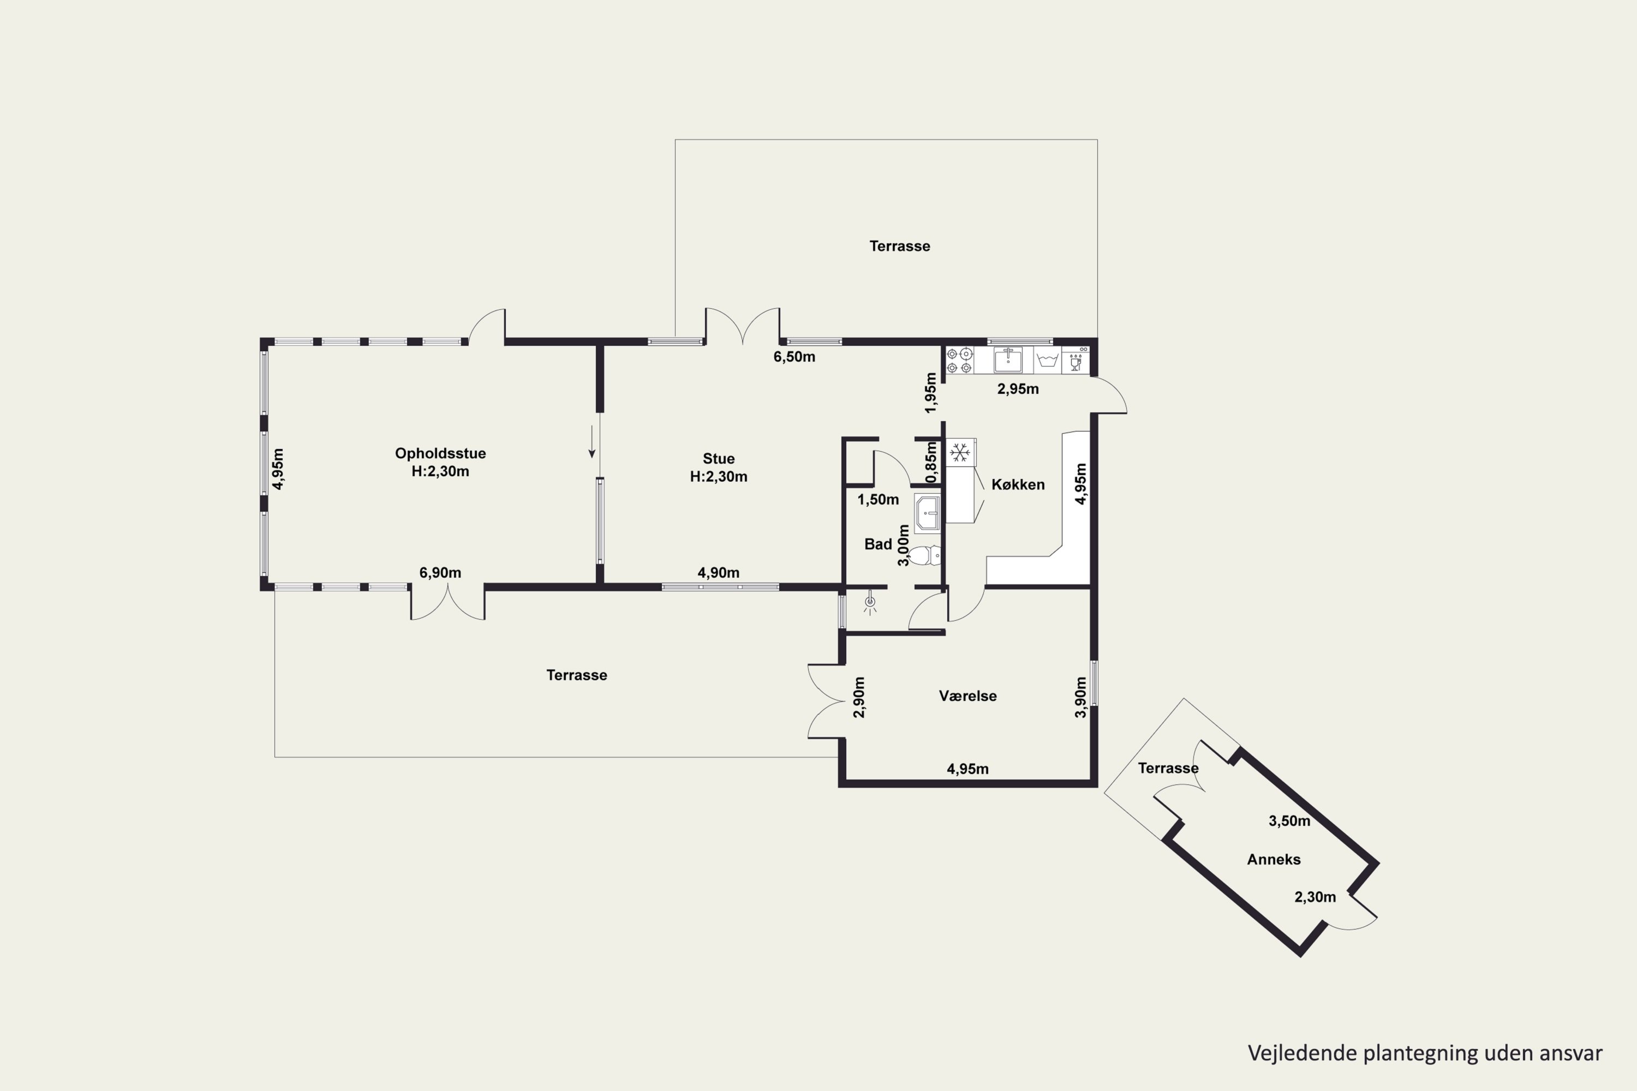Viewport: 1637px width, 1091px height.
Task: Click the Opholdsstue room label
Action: (440, 453)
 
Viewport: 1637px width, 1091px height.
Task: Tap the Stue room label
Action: (718, 459)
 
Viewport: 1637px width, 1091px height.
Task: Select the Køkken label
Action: (1018, 484)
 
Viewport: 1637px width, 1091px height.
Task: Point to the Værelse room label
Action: (967, 696)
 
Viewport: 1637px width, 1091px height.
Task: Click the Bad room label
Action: (877, 544)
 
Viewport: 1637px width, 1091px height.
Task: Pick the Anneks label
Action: (1274, 859)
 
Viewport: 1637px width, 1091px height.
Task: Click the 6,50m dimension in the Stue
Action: (794, 357)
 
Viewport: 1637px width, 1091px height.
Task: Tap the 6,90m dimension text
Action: (440, 573)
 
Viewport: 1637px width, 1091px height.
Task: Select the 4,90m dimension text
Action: (718, 573)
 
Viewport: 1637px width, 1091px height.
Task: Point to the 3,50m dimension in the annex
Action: (1289, 821)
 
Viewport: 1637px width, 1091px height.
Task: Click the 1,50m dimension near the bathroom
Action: (877, 500)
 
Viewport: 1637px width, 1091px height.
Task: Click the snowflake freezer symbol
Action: (960, 453)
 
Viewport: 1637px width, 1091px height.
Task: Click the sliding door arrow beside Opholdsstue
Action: (592, 441)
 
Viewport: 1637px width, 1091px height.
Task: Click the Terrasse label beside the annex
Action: (1168, 768)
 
